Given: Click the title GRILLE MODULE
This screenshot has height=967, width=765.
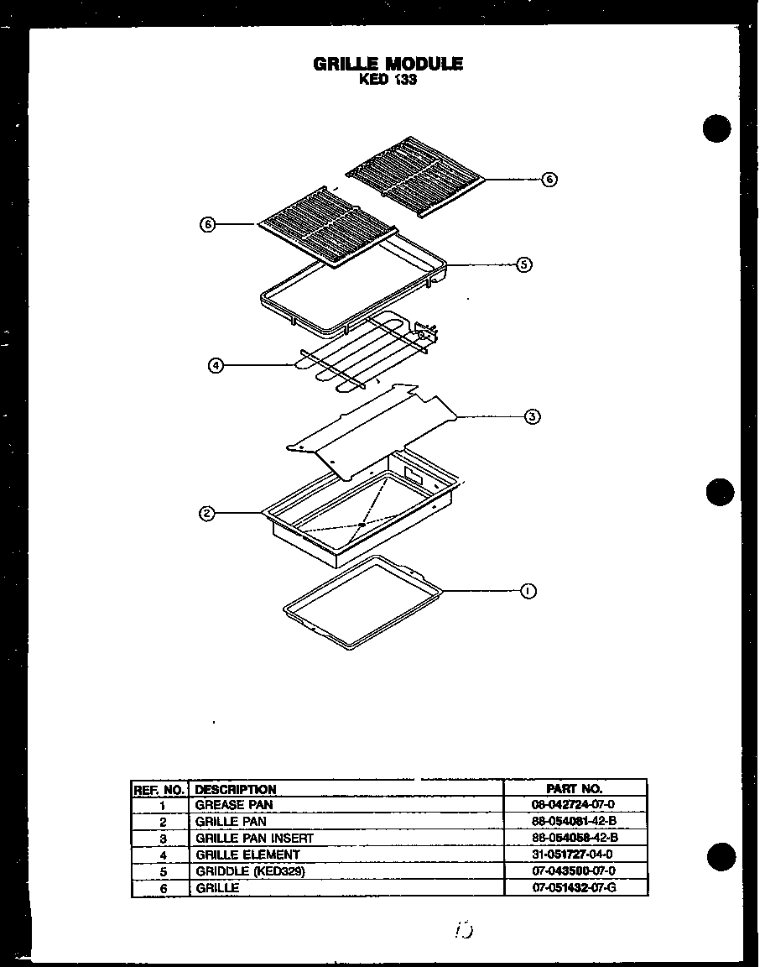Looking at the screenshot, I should click(388, 64).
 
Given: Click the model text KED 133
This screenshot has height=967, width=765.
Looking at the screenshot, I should click(388, 81).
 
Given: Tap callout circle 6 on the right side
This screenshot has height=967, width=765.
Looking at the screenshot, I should click(549, 179).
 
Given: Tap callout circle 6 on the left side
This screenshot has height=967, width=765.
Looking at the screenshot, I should click(208, 224).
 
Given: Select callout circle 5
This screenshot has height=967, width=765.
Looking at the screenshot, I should click(523, 264).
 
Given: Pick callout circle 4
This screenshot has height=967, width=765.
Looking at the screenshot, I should click(216, 365).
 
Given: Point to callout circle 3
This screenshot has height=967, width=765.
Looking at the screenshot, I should click(532, 416).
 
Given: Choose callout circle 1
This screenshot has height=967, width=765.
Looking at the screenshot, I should click(528, 591).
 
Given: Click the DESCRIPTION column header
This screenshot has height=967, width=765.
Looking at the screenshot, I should click(236, 789).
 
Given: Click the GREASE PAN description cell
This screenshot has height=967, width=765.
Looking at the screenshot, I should click(234, 805).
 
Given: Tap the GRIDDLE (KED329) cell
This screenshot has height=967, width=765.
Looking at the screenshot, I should click(250, 871).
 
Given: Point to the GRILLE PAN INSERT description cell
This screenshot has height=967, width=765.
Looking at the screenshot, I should click(254, 838).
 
